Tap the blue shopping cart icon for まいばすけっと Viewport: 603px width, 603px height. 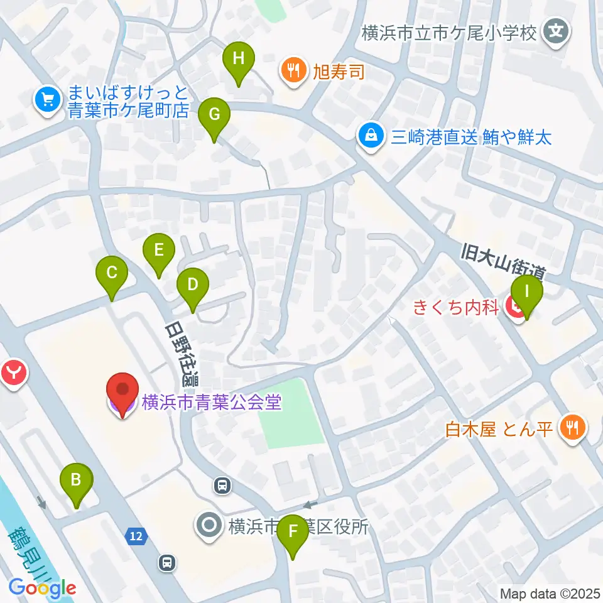pos(47,99)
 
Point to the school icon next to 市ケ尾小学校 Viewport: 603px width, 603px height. pos(556,31)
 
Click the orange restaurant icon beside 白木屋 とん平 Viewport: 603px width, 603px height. pos(572,429)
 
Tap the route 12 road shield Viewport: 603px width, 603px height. pos(136,536)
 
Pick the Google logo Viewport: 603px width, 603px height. pos(42,589)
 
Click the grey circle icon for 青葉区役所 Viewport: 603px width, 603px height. pos(209,525)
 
